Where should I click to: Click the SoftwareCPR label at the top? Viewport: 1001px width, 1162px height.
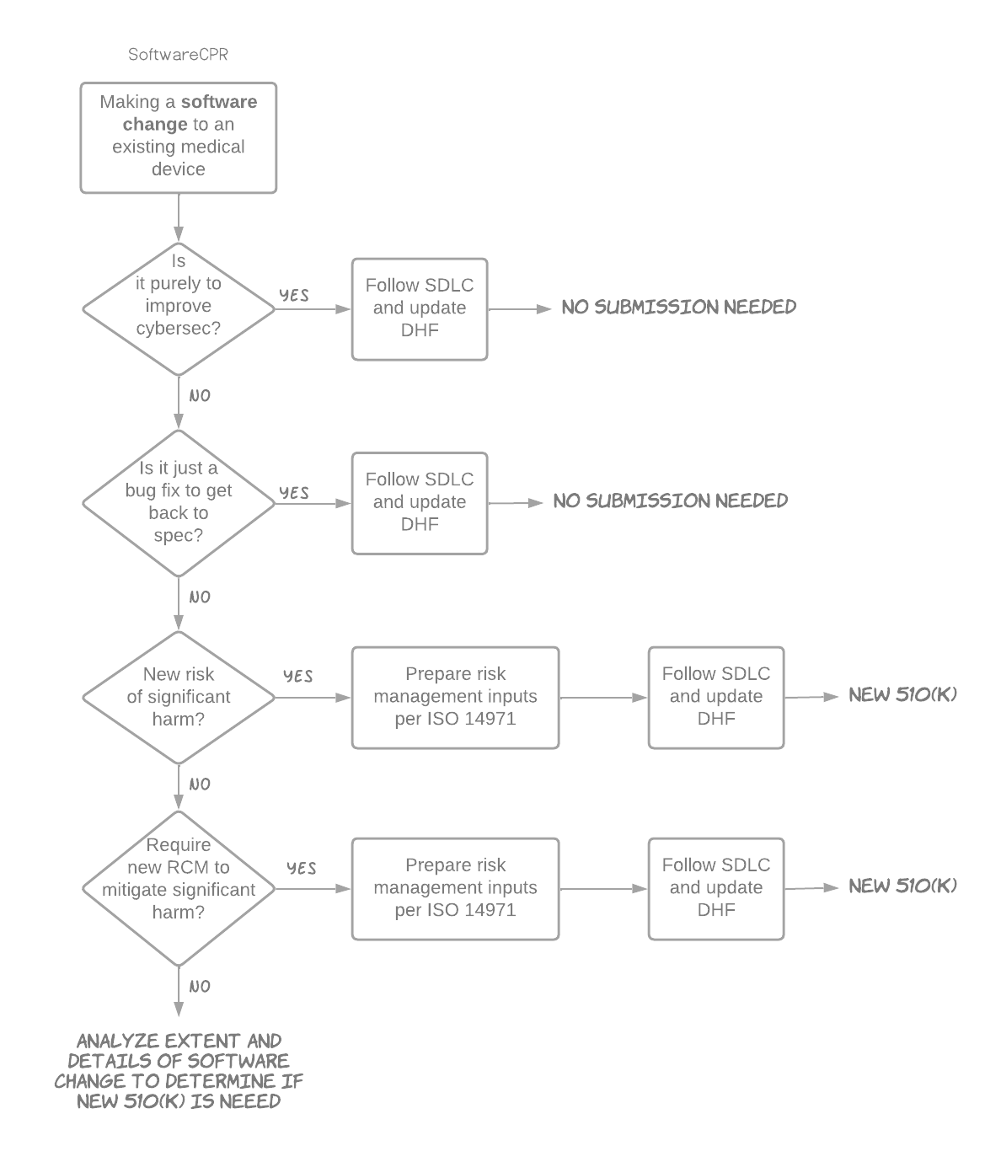pos(178,55)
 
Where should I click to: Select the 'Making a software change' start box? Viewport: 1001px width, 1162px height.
pos(179,137)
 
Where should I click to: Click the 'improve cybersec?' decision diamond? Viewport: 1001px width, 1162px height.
pos(179,308)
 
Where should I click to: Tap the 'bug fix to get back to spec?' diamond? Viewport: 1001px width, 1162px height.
pos(179,503)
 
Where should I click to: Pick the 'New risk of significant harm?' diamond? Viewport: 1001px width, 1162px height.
pos(179,697)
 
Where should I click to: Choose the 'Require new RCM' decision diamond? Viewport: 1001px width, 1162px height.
pos(179,888)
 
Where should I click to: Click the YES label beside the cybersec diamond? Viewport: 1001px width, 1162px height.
pos(294,295)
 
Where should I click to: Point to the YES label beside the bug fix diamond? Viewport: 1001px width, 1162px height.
pos(294,492)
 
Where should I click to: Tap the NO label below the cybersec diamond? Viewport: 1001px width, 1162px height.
pos(200,395)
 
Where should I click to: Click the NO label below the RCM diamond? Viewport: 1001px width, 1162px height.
pos(200,986)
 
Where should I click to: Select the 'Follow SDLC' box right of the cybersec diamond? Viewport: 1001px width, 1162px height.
pos(420,308)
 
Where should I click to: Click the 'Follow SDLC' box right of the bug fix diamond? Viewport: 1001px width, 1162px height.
pos(420,503)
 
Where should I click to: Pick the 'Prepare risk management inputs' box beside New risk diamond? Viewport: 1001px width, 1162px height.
pos(455,697)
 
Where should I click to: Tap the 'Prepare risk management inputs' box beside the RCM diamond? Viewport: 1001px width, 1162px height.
pos(455,888)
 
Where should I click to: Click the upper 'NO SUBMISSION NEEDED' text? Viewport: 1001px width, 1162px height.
pos(678,307)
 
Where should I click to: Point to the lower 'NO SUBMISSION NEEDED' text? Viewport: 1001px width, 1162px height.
pos(670,501)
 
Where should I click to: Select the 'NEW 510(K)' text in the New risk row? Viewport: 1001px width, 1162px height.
pos(902,695)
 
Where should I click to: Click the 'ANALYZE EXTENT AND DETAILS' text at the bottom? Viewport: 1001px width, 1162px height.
pos(179,1070)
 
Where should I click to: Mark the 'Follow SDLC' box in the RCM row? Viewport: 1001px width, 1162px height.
pos(715,888)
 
